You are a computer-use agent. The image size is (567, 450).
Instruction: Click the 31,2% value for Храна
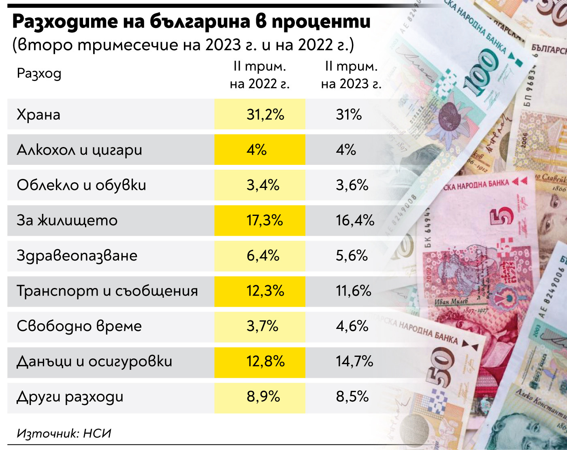(x=265, y=115)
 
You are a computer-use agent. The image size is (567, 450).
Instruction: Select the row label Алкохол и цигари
(x=79, y=150)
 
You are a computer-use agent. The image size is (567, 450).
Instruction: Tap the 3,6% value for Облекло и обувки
(x=352, y=185)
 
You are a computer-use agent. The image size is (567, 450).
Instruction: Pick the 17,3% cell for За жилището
(x=264, y=220)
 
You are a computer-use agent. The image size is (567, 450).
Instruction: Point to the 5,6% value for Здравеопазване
(x=352, y=256)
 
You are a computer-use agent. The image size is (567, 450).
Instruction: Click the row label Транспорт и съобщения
(x=107, y=291)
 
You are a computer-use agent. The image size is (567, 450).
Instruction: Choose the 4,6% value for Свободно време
(x=352, y=326)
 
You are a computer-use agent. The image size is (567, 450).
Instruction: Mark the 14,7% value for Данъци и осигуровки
(x=354, y=361)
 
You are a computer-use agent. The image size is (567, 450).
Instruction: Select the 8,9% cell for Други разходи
(x=263, y=397)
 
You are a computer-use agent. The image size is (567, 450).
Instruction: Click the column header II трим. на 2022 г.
(x=260, y=75)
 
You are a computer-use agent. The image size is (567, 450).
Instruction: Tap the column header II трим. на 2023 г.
(x=351, y=75)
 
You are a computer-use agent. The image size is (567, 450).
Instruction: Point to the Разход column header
(x=39, y=74)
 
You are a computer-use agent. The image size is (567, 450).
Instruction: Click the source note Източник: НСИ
(x=64, y=433)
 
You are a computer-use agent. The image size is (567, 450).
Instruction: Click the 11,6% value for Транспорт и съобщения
(x=353, y=291)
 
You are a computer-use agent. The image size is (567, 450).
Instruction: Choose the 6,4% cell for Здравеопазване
(x=263, y=256)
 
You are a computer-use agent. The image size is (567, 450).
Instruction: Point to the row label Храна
(x=38, y=115)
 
